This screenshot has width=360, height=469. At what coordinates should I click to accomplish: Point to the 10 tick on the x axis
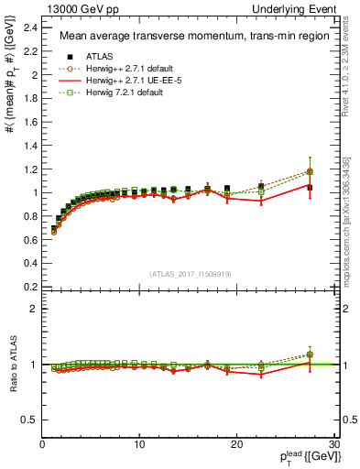[x=139, y=444]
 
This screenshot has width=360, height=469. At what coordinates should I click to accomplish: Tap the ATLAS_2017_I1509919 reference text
[x=190, y=274]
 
